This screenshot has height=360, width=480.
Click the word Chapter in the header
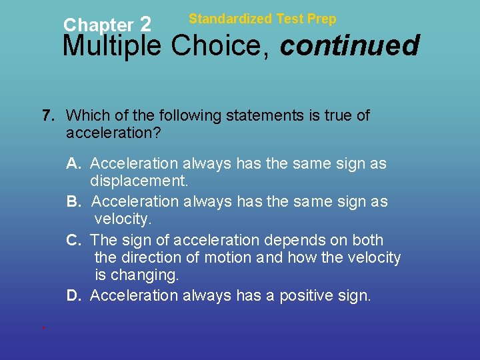98,25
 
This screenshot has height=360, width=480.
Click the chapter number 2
146,24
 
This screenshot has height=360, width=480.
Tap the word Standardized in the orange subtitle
231,19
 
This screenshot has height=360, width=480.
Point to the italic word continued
349,46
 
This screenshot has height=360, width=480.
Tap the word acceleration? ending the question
113,133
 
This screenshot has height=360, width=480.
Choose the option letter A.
74,163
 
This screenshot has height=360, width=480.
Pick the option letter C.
74,240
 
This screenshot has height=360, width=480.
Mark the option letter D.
74,295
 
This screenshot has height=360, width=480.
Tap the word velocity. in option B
123,219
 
